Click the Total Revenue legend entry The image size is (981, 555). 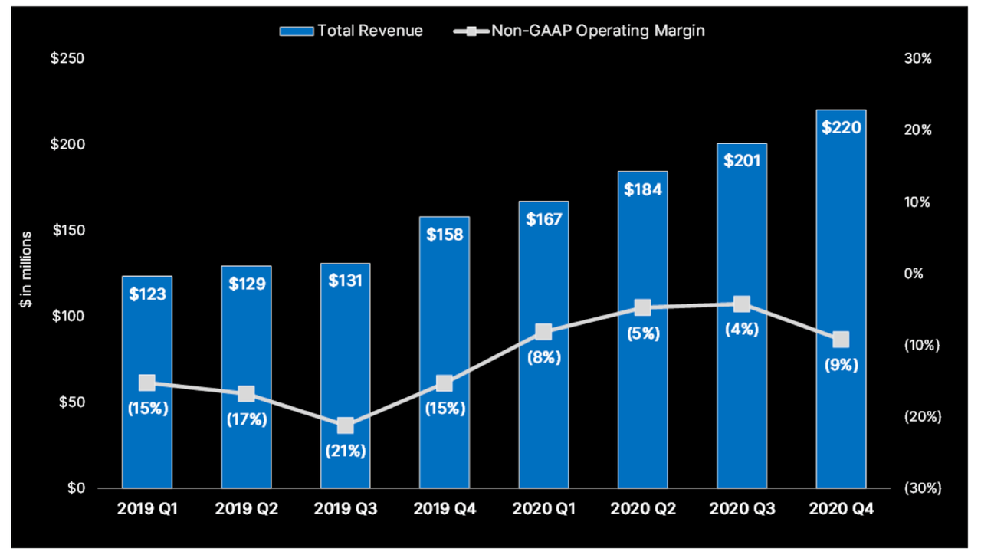click(352, 31)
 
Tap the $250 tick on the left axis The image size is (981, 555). click(68, 59)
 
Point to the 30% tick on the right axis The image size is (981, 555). click(917, 59)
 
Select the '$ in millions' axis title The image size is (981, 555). click(27, 269)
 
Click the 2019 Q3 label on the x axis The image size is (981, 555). click(345, 509)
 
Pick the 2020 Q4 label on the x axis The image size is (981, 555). click(841, 509)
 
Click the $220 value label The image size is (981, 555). click(841, 127)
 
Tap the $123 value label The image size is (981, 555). click(147, 294)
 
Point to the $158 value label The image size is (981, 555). click(445, 235)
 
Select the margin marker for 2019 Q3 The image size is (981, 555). click(345, 425)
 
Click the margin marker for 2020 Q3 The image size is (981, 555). click(741, 304)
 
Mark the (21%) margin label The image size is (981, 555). click(345, 451)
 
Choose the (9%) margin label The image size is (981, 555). click(841, 365)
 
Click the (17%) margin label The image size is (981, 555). click(246, 419)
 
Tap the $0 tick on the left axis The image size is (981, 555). click(74, 488)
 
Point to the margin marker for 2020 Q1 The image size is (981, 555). click(543, 332)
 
